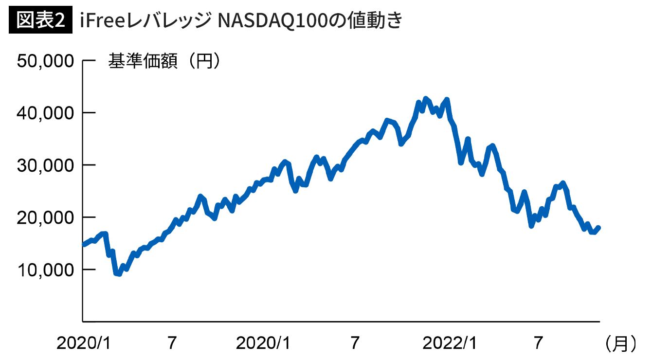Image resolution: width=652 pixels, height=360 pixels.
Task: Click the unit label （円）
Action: coord(204,62)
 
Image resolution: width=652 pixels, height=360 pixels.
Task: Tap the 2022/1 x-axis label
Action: coord(449,343)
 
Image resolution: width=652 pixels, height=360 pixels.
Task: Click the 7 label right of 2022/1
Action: coord(538,343)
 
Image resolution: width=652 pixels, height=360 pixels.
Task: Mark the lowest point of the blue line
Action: coord(118,274)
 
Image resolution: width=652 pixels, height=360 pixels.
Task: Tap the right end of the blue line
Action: coord(598,227)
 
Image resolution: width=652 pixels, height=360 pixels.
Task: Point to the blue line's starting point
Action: coord(83,244)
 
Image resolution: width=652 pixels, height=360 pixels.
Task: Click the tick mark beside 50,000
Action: coord(88,61)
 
